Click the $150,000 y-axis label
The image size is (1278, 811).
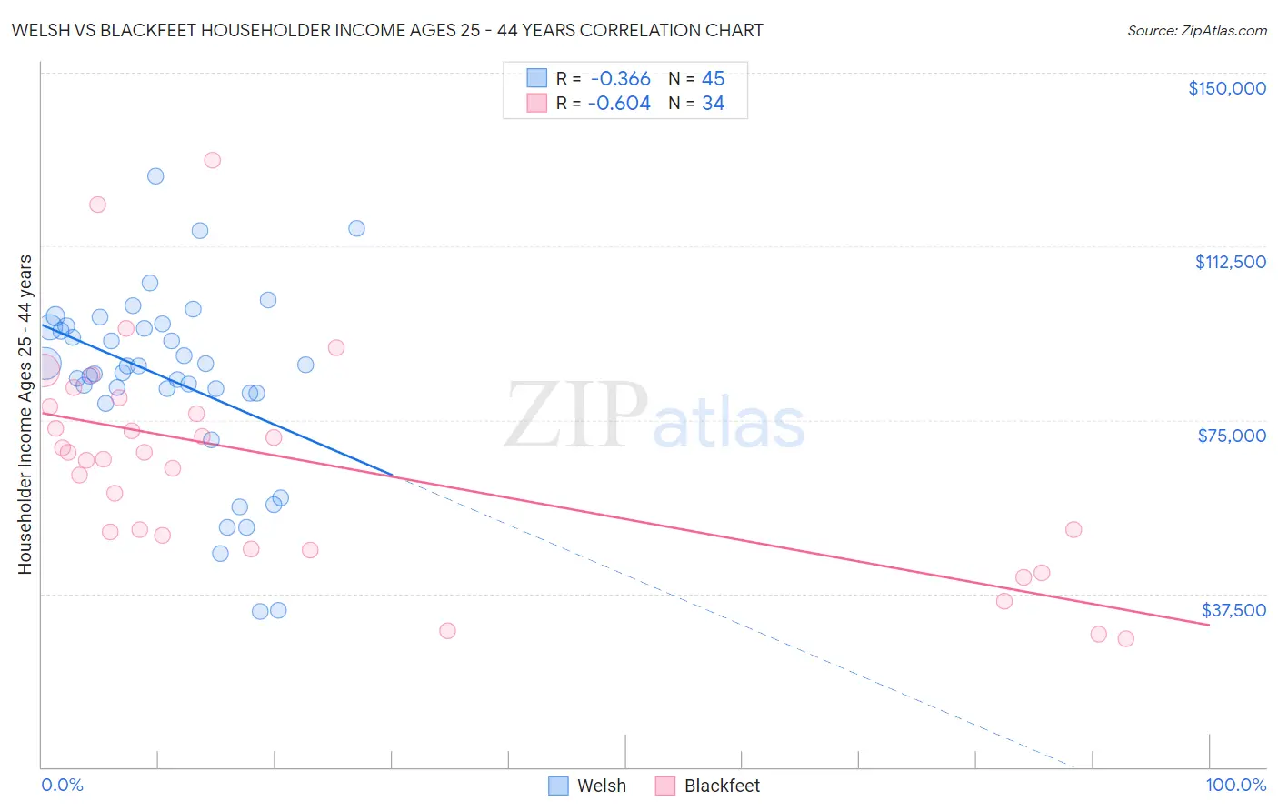tap(1226, 88)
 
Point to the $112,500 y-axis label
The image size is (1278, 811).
tap(1230, 262)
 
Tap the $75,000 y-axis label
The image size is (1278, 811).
tap(1232, 436)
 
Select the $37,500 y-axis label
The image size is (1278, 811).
tap(1233, 610)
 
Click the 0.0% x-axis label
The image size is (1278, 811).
tap(62, 785)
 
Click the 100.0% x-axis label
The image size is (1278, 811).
tap(1235, 785)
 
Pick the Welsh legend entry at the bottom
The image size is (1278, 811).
tap(588, 786)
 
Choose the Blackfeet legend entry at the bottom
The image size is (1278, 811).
tap(708, 786)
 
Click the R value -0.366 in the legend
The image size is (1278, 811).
tap(620, 79)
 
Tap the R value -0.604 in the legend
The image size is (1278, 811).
tap(619, 104)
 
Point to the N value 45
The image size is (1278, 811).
tap(713, 79)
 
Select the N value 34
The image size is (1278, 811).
tap(713, 104)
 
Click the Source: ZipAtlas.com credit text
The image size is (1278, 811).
tap(1196, 31)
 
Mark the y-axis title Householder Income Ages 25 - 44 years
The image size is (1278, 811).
tap(25, 414)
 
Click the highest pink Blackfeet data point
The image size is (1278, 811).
tap(212, 160)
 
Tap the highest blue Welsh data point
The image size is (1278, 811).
tap(155, 176)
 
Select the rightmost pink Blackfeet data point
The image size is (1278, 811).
tap(1125, 638)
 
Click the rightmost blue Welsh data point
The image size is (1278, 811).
tap(356, 228)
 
